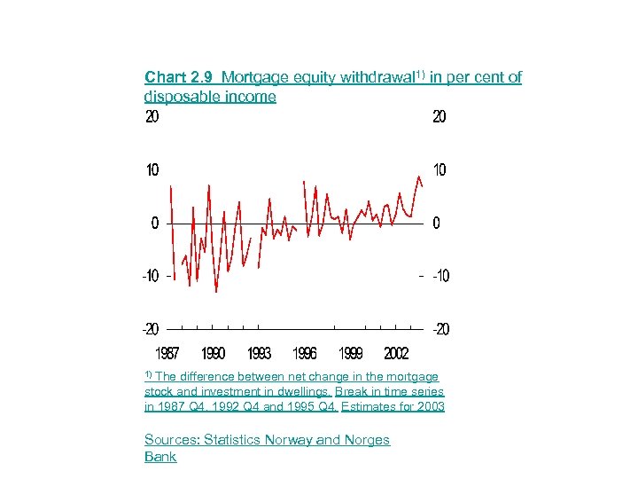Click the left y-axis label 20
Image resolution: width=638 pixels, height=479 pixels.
152,117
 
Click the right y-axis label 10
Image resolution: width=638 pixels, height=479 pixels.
440,169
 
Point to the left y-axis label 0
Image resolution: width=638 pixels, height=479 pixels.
155,223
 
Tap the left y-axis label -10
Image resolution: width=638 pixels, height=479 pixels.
150,276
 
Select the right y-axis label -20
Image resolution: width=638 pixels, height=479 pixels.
440,329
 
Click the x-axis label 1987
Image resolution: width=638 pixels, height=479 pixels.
167,354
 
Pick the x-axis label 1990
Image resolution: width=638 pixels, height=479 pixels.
213,354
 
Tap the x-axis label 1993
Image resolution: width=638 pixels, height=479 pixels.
259,354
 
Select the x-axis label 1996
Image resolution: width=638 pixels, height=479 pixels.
305,354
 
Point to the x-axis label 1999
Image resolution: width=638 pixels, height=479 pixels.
350,354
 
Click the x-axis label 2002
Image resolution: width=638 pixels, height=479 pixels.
396,354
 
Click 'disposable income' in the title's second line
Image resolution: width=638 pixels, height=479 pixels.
210,96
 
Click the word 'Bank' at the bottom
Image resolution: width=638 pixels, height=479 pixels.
160,457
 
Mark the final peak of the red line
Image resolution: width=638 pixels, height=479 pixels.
418,177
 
